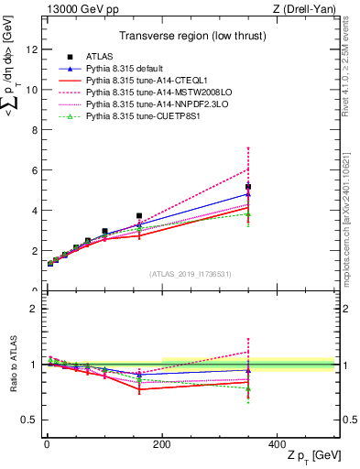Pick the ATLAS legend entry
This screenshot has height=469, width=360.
coord(99,57)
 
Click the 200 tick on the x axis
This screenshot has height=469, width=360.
coord(161,445)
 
